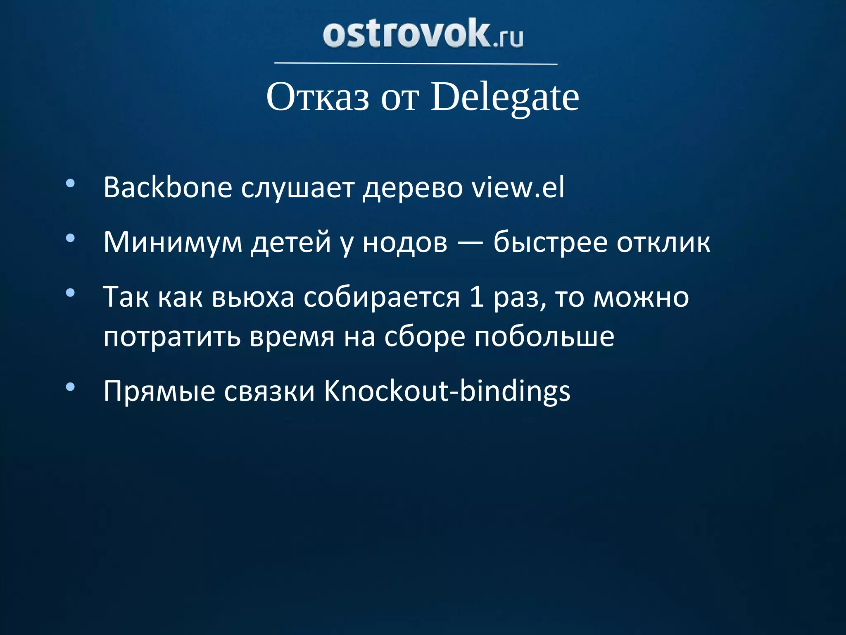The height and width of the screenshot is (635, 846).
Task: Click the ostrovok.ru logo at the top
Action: point(423,34)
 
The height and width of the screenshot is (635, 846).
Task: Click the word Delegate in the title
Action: point(505,98)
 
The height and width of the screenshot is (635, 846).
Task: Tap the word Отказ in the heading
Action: point(318,98)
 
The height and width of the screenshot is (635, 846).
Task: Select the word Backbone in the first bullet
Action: point(168,188)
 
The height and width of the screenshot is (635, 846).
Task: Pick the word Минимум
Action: point(173,243)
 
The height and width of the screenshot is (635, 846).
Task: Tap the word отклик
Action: point(663,243)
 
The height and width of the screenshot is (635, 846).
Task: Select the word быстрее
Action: point(550,243)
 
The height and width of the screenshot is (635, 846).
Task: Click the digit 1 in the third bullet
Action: point(477,297)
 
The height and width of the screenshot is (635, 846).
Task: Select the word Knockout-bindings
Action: point(447,391)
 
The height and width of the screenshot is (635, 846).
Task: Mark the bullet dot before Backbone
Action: point(70,183)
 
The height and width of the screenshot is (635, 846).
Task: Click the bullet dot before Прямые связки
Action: point(70,387)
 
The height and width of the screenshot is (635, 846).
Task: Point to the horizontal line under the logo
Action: point(416,64)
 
